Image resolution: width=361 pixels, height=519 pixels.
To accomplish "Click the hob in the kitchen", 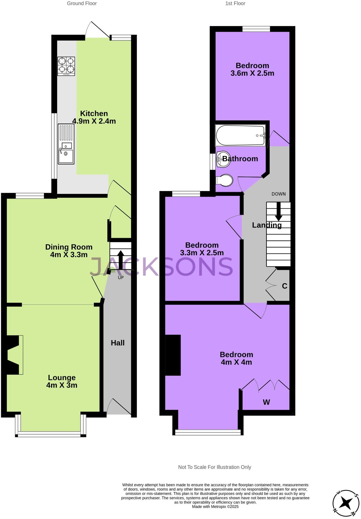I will pos(66,66).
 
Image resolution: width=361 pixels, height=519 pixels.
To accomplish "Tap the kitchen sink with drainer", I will pos(66,144).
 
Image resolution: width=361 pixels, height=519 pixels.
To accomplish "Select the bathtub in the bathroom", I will pos(240,135).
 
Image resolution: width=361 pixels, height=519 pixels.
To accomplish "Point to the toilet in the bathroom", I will pos(225,181).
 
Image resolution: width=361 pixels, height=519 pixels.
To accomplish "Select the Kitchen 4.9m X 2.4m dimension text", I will pos(94,121).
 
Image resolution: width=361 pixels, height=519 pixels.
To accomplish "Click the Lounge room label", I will pos(62,377).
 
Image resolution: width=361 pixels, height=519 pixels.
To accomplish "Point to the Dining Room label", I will pos(69,247).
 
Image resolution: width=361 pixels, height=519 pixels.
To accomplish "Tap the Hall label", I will pos(118,343).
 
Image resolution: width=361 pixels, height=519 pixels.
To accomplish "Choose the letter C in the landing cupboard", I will pos(284,286).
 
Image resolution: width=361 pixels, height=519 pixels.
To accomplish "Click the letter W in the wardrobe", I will pos(266,402).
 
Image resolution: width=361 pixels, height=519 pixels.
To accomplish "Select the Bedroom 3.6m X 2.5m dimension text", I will pos(252,73).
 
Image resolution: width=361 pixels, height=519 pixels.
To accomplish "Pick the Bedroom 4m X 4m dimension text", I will pos(236,362).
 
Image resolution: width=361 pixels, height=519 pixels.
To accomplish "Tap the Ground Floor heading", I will pos(82,4).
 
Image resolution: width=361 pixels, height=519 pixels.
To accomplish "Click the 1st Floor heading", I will pos(235,4).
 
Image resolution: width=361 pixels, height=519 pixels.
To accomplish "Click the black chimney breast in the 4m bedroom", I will pos(173,355).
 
